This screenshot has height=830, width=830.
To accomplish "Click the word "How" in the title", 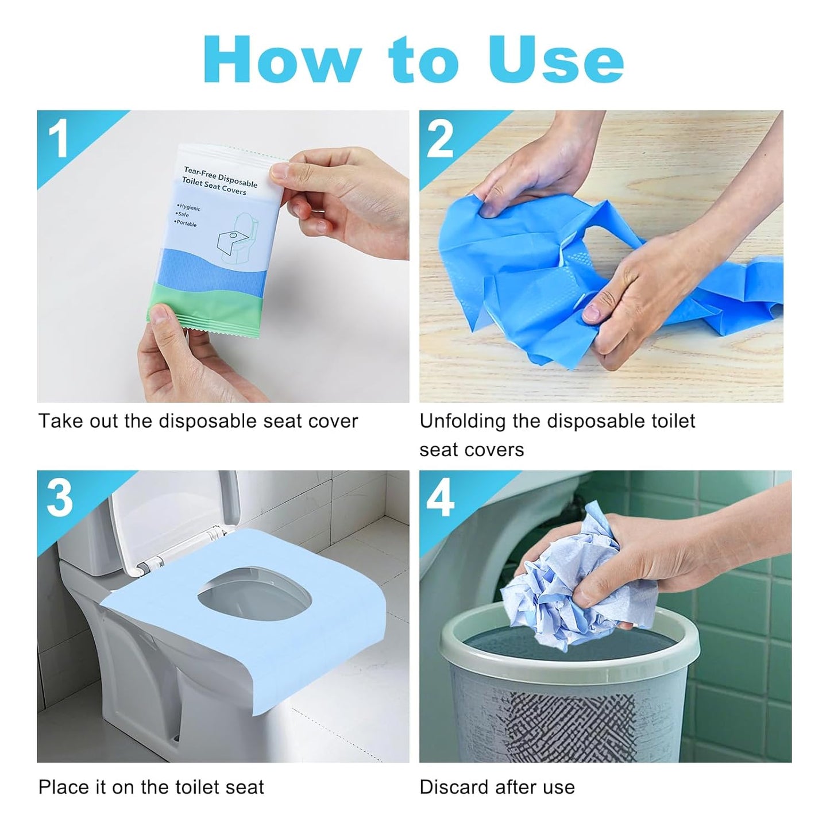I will tap(282, 59).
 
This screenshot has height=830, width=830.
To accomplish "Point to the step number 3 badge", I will tap(60, 498).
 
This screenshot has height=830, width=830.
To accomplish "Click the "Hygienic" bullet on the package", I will tap(189, 207).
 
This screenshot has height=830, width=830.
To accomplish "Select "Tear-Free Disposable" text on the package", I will tap(221, 175).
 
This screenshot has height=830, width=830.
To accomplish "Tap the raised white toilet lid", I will tap(172, 517).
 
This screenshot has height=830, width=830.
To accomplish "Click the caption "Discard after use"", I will tap(497, 787).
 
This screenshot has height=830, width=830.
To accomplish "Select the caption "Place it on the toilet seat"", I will tap(151, 787).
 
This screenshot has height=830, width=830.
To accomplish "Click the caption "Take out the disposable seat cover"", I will tap(198, 421).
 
